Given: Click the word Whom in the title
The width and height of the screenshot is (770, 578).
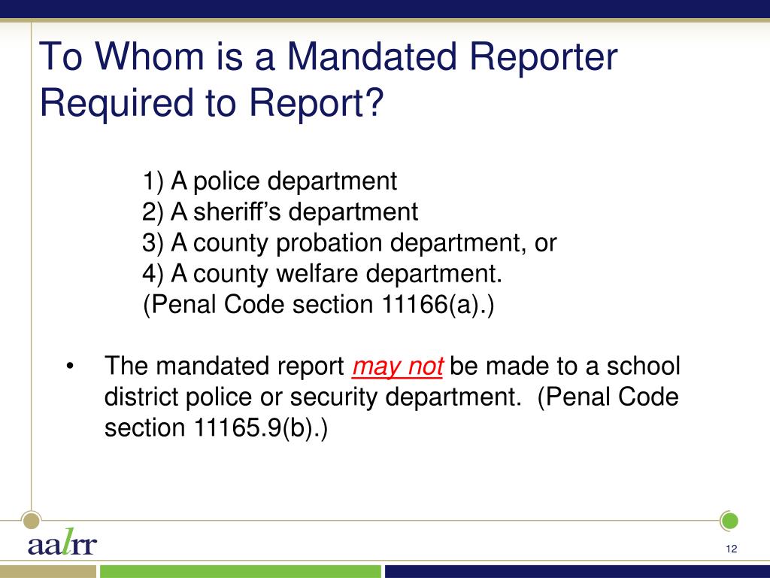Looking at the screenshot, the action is [149, 56].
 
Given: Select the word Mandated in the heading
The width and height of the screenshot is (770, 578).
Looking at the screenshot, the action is [371, 56].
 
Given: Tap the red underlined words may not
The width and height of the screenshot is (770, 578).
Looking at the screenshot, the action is [397, 367].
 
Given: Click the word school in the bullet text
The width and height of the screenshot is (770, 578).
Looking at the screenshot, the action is [644, 367].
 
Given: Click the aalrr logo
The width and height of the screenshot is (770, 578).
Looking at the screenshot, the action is [62, 542].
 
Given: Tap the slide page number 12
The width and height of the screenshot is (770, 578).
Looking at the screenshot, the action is [731, 549].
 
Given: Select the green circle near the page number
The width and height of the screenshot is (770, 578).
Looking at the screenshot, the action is [729, 521].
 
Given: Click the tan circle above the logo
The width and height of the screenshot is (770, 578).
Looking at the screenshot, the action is [32, 520].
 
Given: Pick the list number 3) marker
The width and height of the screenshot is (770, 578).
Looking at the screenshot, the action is [153, 243].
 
